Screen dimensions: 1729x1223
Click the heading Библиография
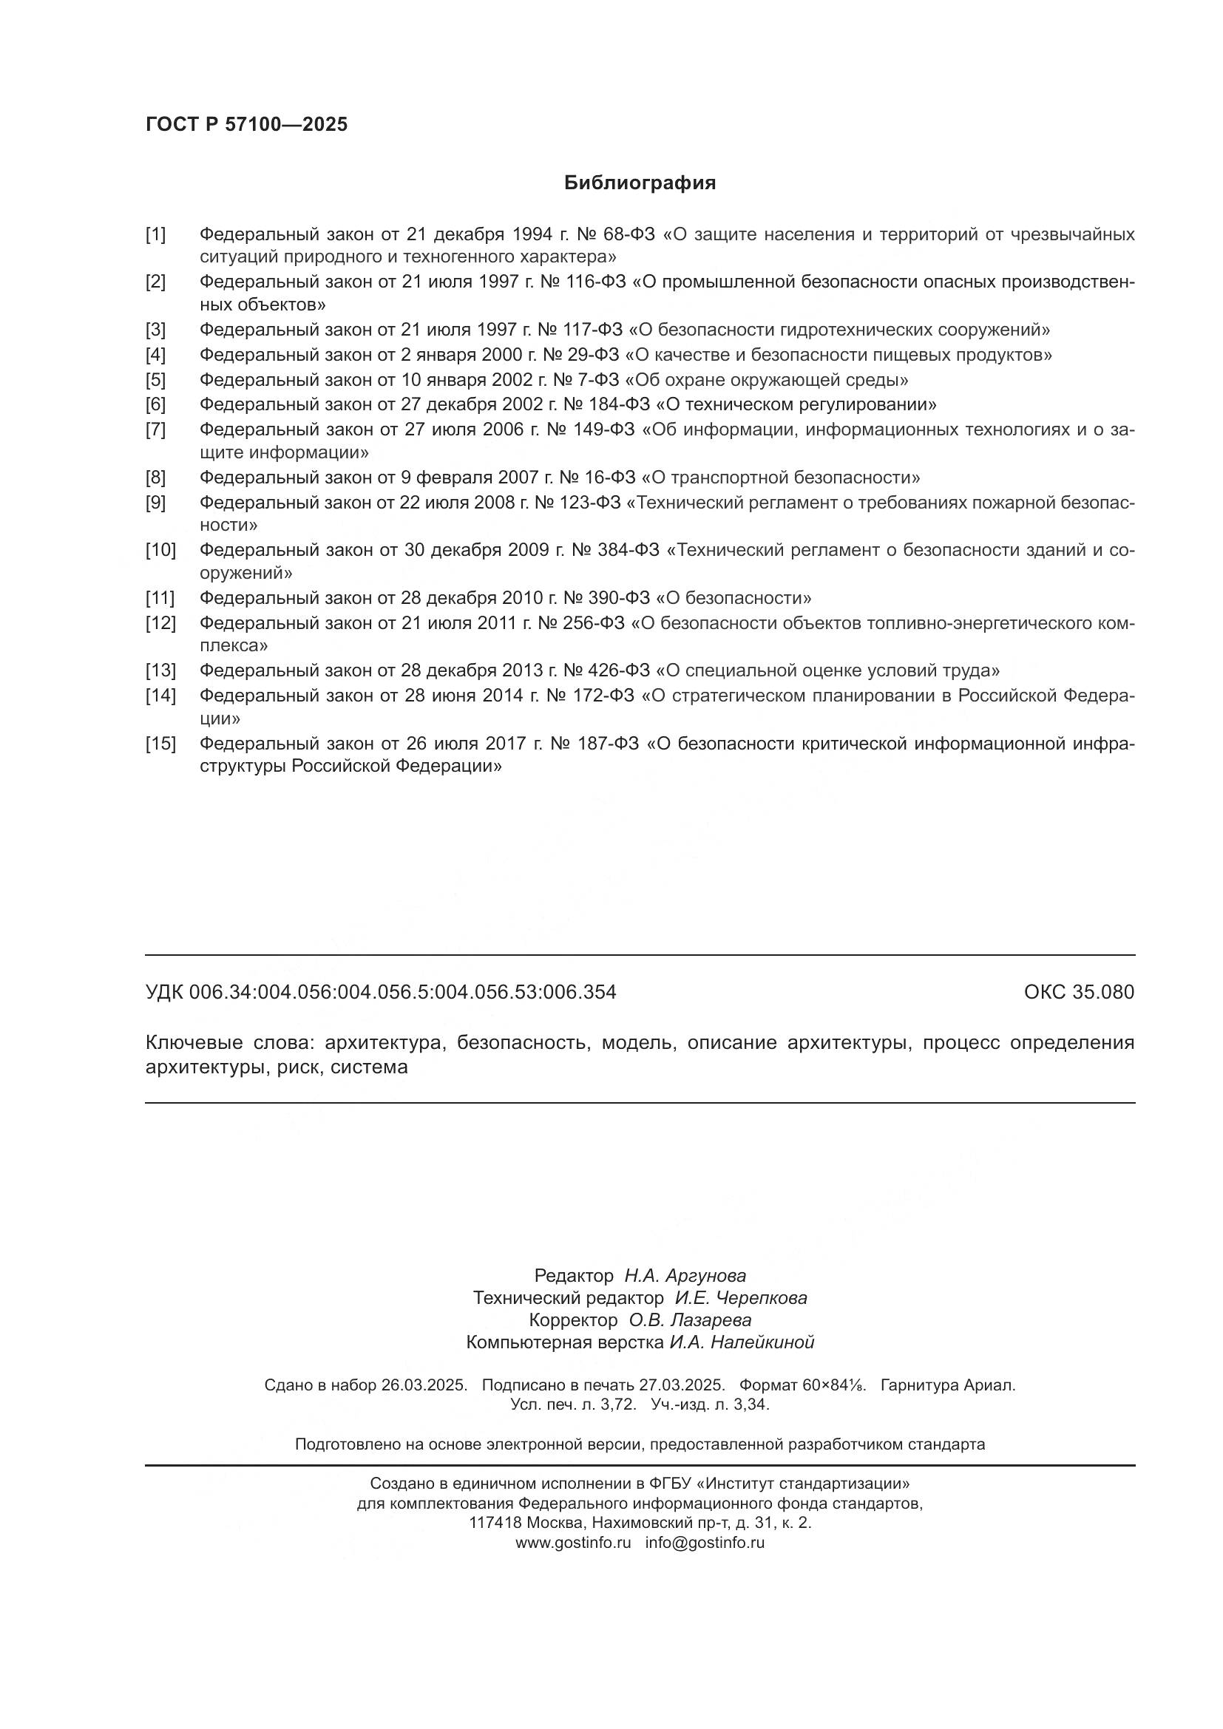640,183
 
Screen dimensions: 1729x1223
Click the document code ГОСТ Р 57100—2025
246,125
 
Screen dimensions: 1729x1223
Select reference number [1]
156,235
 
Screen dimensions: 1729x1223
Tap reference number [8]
156,478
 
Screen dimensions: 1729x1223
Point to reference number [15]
160,744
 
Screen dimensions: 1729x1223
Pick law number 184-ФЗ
621,404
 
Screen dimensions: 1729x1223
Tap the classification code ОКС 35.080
1078,993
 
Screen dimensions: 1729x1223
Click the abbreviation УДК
164,993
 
